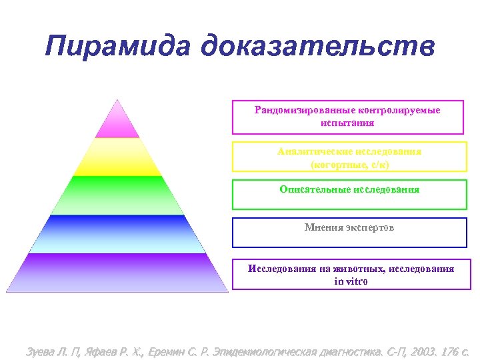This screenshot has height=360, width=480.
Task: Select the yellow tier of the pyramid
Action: click(x=117, y=157)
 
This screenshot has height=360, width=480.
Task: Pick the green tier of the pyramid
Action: click(x=117, y=195)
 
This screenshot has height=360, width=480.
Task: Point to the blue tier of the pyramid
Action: click(x=117, y=234)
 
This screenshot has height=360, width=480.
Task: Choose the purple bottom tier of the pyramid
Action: click(x=117, y=273)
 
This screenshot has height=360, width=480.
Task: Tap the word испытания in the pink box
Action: click(x=347, y=123)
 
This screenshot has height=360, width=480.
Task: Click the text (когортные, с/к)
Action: click(x=349, y=164)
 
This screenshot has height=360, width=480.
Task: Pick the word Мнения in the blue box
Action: click(x=322, y=228)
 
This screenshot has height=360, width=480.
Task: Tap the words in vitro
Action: click(x=351, y=281)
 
